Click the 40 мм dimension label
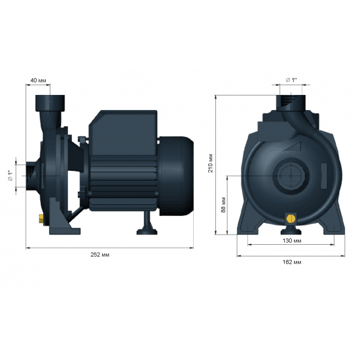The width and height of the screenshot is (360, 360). click(37, 81)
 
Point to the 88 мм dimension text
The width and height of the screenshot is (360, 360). click(223, 204)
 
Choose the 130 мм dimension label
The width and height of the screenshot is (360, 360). click(291, 241)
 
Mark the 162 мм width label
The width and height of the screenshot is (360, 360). click(293, 262)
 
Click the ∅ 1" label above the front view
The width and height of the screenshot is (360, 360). click(291, 80)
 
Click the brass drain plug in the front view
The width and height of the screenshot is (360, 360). click(291, 217)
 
